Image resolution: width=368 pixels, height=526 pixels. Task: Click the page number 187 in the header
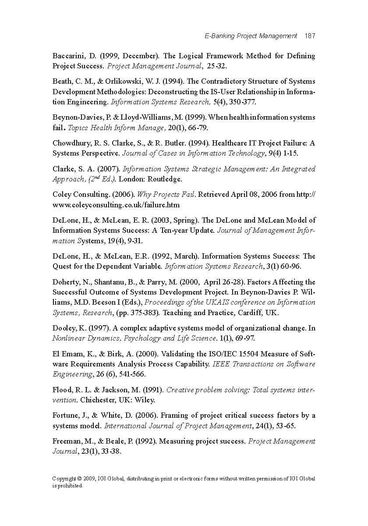(310, 36)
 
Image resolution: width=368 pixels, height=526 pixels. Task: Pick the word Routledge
(165, 179)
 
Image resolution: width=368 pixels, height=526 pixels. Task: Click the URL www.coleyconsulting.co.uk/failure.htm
(116, 205)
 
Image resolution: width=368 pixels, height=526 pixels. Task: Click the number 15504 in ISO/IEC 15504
(241, 354)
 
